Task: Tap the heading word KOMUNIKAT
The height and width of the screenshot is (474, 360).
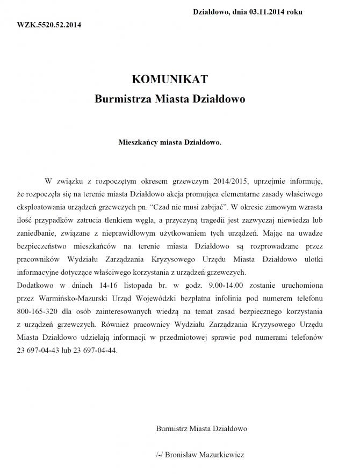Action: (x=170, y=79)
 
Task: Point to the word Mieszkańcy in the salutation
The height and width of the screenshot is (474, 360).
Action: (x=141, y=143)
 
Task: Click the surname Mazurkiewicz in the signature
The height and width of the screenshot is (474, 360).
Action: (x=221, y=454)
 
